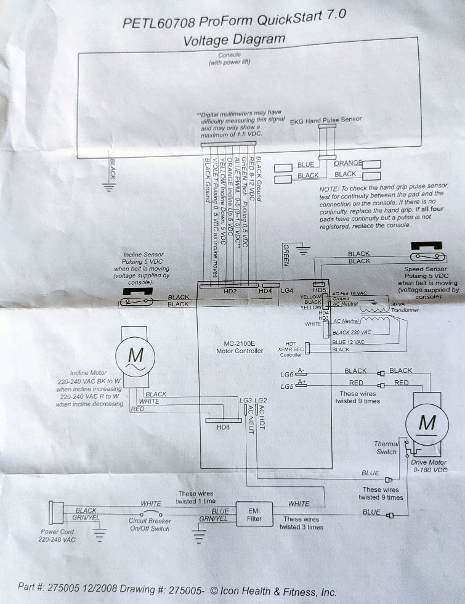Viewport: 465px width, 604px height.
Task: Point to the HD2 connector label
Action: [x=230, y=291]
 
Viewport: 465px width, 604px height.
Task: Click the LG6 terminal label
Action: [x=285, y=374]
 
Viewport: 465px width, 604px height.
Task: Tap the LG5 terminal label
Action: [x=285, y=386]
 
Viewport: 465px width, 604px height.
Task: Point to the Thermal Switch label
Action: [x=386, y=448]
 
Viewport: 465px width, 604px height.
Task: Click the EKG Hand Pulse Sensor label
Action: [x=325, y=120]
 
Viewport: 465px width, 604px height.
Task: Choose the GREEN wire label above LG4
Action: [x=286, y=256]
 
